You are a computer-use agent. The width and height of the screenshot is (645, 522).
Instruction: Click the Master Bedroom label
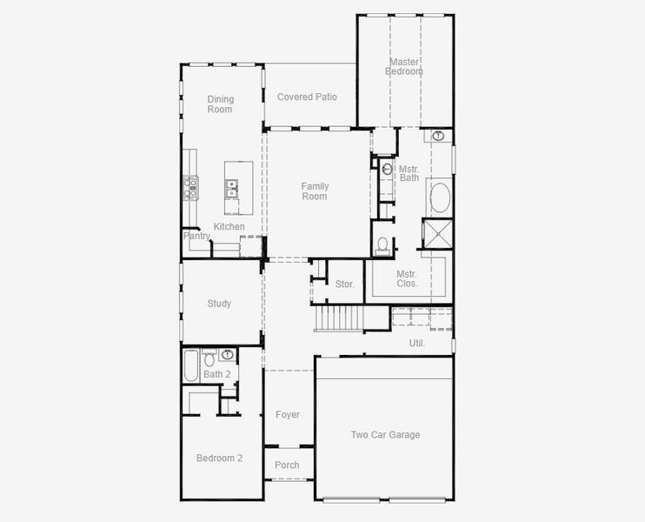pos(404,67)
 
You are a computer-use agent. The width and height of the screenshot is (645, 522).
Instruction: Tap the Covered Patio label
pos(307,97)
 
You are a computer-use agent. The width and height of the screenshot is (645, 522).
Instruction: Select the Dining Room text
pos(220,104)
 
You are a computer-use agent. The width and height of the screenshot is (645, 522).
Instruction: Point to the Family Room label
pos(315,191)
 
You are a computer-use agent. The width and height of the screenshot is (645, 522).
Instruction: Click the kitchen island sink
pos(232,184)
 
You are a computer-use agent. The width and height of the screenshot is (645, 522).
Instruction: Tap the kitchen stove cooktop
pos(190,185)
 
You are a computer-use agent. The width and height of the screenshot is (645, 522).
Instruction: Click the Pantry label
pos(196,236)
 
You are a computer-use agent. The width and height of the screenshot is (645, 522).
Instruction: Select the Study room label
pos(219,304)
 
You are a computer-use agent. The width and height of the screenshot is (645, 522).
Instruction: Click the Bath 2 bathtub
pos(190,365)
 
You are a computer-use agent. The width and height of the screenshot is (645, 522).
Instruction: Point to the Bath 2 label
pos(216,375)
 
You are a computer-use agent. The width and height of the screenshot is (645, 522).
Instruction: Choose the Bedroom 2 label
pos(219,458)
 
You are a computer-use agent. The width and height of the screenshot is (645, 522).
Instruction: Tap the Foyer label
pos(288,415)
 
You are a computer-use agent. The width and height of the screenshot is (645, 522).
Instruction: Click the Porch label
pos(287,465)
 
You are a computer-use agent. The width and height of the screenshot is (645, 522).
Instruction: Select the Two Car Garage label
pos(385,435)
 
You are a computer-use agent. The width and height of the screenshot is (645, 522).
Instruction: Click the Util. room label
pos(417,344)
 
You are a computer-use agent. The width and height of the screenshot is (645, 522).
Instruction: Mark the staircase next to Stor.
pos(339,318)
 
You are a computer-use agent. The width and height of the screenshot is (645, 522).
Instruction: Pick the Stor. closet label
pos(345,284)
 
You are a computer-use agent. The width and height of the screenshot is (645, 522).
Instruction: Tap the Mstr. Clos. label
pos(407,278)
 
